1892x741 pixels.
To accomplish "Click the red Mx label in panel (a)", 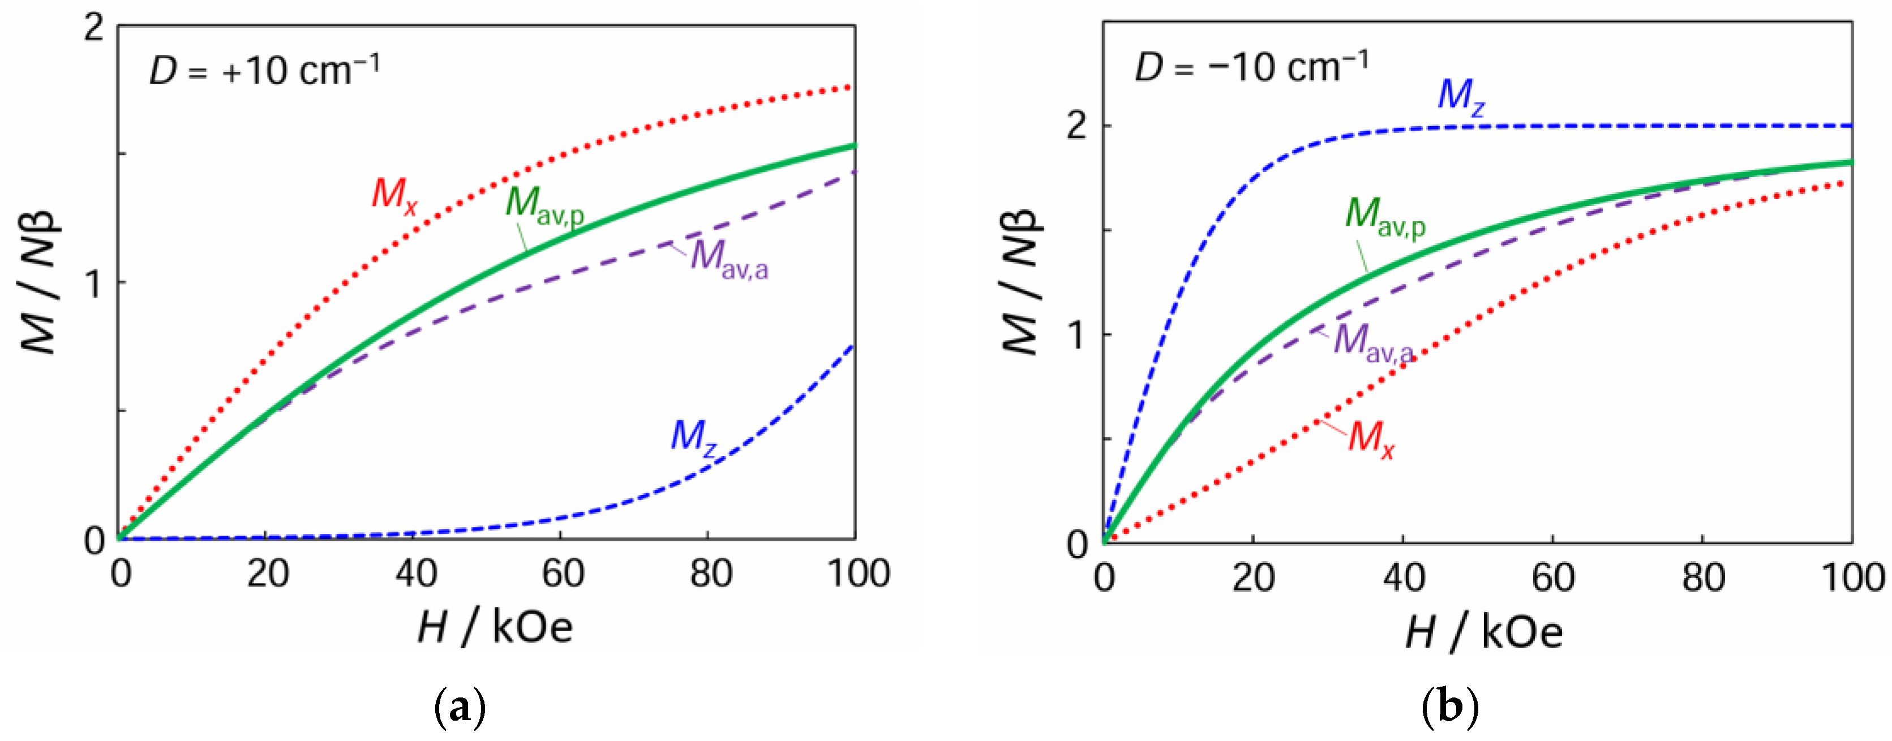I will (394, 196).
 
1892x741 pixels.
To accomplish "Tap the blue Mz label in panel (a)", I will (693, 438).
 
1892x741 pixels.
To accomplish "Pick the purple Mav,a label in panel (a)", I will (728, 259).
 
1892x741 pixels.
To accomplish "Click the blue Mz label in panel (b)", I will (1460, 97).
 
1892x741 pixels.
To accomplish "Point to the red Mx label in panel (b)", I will (1371, 439).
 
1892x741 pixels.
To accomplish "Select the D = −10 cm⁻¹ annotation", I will (1251, 67).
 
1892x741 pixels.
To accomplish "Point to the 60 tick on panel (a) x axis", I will (563, 574).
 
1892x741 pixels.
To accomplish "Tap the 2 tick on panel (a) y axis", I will (94, 29).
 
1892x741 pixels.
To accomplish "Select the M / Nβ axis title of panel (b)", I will (1020, 283).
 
